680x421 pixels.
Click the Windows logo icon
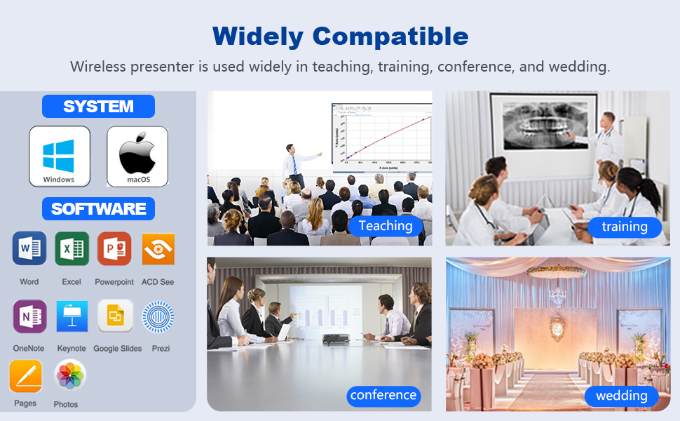(60, 156)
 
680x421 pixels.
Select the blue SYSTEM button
(98, 107)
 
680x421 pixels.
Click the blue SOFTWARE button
(98, 209)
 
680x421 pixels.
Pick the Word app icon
(29, 248)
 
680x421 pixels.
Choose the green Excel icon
(72, 248)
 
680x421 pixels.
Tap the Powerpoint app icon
(114, 248)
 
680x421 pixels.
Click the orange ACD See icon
(158, 249)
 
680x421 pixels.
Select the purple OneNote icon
(30, 316)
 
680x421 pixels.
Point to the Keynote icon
(72, 316)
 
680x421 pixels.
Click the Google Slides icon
(116, 316)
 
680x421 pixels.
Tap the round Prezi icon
(158, 317)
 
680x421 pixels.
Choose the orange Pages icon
(26, 376)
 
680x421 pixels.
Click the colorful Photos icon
(70, 375)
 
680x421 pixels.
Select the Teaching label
(386, 226)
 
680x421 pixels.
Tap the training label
(625, 227)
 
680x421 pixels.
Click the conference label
(383, 396)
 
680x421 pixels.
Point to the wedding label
(621, 396)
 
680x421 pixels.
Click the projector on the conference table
(336, 339)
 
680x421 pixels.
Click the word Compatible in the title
(390, 36)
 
